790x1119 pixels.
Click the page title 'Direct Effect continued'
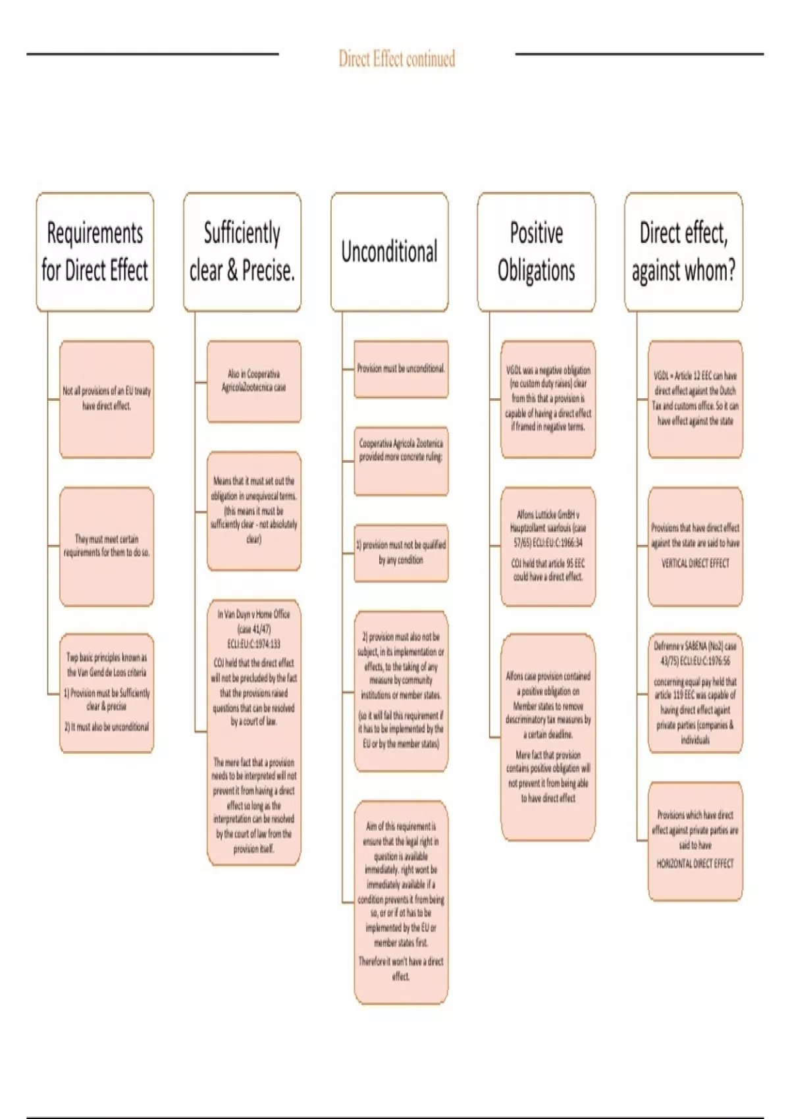[396, 59]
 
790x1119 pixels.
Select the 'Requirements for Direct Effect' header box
[95, 251]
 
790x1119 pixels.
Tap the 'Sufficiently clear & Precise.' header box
[242, 251]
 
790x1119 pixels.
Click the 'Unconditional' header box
[389, 251]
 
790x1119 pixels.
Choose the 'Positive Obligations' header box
[536, 251]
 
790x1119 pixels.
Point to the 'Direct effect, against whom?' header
[683, 251]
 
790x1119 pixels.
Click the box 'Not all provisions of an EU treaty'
[107, 399]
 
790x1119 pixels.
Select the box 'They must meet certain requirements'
[107, 546]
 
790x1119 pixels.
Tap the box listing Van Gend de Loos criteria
[107, 692]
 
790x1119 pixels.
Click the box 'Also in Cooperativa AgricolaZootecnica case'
[253, 381]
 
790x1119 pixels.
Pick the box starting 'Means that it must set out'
[253, 511]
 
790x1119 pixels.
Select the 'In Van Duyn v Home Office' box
[253, 732]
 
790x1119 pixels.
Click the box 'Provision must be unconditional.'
[401, 369]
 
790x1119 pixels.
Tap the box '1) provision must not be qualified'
[401, 553]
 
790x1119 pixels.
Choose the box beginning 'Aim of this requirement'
[401, 902]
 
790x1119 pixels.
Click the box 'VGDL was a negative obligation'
[548, 399]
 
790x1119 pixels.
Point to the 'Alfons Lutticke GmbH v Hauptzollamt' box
[548, 546]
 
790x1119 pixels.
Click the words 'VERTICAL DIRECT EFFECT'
[695, 563]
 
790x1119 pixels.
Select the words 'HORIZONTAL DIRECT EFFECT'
[695, 864]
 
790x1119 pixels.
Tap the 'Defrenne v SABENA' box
[695, 692]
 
